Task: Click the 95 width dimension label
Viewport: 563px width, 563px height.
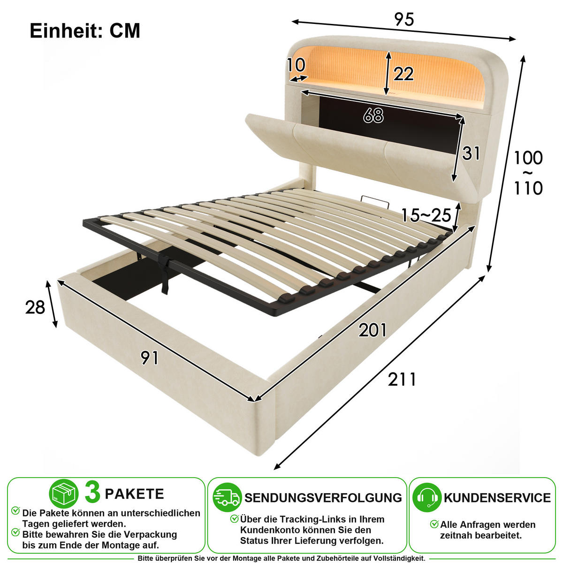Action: click(404, 20)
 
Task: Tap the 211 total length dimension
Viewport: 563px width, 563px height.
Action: click(402, 380)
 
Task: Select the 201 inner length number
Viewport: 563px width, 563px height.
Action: click(373, 330)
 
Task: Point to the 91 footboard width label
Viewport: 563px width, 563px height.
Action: click(149, 358)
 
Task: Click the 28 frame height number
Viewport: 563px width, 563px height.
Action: click(35, 307)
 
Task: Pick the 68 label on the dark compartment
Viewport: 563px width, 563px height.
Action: click(373, 116)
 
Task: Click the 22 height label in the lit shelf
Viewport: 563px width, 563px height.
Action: click(403, 74)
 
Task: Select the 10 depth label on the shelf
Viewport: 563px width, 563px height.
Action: click(296, 65)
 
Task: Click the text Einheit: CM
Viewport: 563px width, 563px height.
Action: click(85, 31)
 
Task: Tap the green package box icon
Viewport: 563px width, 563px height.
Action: click(64, 494)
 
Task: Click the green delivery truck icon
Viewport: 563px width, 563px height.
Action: click(227, 497)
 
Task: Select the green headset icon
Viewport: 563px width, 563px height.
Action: click(427, 497)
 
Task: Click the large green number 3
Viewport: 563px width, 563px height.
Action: click(92, 493)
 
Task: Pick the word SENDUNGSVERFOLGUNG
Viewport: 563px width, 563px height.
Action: click(323, 498)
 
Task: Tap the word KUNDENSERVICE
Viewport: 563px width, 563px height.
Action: click(497, 498)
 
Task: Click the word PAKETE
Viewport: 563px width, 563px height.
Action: click(134, 494)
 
